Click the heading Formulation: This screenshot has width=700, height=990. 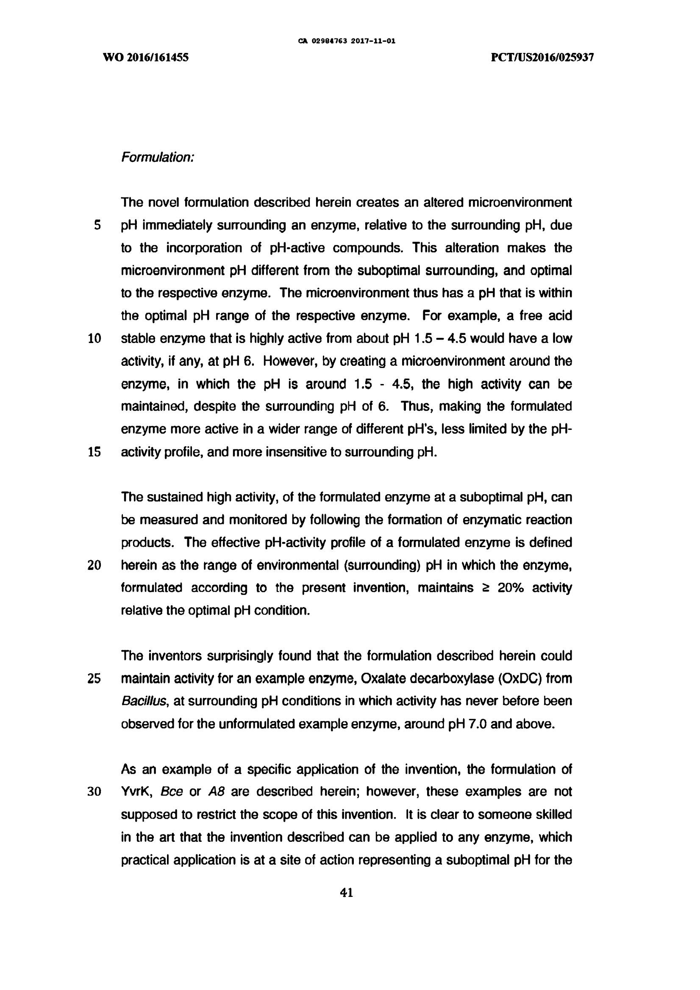click(x=158, y=158)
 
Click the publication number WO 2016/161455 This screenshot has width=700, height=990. click(x=146, y=58)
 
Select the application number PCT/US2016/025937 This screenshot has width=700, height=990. click(x=542, y=58)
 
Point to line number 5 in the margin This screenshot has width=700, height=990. click(x=97, y=226)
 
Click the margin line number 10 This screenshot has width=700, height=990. click(x=94, y=339)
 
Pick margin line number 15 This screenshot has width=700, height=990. click(x=94, y=452)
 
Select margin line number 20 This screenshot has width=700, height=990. click(x=94, y=565)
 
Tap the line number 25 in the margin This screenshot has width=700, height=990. click(x=94, y=679)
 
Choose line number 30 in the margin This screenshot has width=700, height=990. click(x=94, y=792)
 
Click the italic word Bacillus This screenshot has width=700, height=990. click(x=144, y=702)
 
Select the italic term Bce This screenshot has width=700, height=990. click(x=172, y=792)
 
